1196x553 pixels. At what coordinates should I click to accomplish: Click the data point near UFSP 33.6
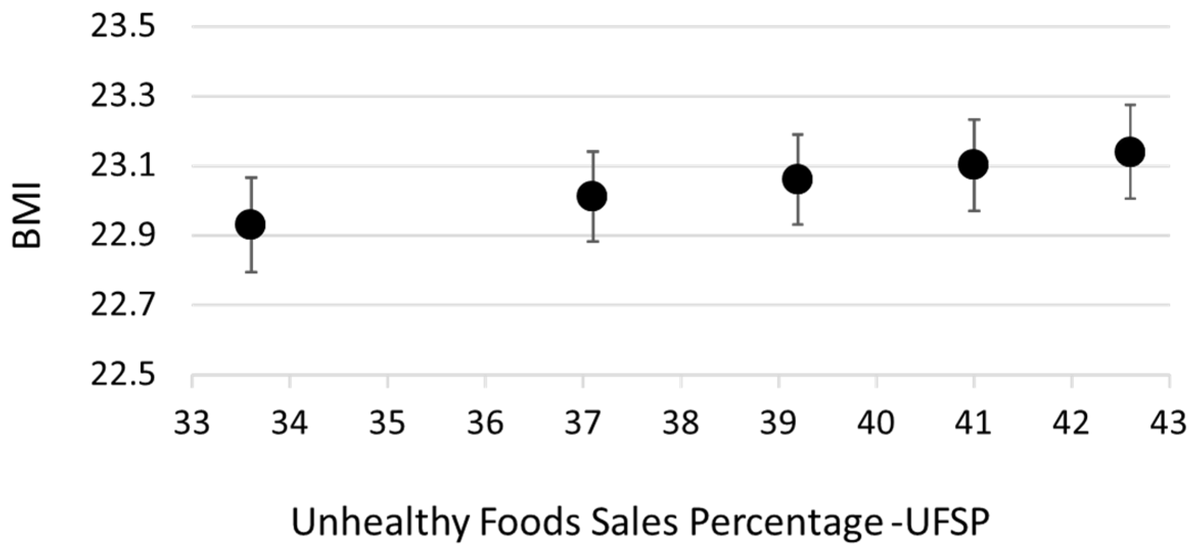[250, 224]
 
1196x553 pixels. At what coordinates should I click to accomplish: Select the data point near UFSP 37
[592, 196]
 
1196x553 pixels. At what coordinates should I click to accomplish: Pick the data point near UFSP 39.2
[798, 179]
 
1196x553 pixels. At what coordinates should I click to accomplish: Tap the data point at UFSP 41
[973, 164]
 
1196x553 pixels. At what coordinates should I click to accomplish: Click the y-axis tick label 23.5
[123, 27]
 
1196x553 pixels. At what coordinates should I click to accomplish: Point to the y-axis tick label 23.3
[123, 97]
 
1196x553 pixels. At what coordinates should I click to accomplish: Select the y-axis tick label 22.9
[123, 236]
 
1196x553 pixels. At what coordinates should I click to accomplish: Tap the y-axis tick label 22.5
[123, 375]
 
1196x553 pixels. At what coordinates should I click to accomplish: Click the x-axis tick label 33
[192, 423]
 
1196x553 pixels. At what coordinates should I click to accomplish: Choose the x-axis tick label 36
[485, 423]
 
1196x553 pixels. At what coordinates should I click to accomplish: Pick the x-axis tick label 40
[876, 423]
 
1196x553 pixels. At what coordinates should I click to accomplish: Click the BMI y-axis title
[27, 215]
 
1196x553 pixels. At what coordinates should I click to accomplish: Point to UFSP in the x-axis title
[944, 522]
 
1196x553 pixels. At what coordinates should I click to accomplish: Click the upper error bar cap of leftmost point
[250, 178]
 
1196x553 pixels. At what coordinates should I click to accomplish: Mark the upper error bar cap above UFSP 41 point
[973, 119]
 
